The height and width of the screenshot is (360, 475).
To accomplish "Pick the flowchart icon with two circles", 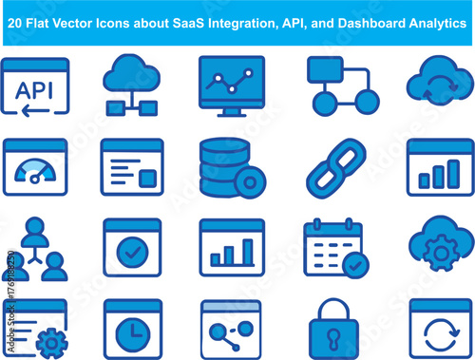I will (342, 85).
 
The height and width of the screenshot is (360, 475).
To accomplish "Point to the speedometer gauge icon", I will (36, 166).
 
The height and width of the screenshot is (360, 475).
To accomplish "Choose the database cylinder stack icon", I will (225, 163).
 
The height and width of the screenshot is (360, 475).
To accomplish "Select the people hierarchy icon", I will (35, 249).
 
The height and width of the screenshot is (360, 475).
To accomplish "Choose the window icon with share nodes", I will (231, 330).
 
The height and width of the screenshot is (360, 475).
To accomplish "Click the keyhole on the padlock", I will (335, 336).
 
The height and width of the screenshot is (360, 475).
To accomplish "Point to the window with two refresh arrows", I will (440, 330).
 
